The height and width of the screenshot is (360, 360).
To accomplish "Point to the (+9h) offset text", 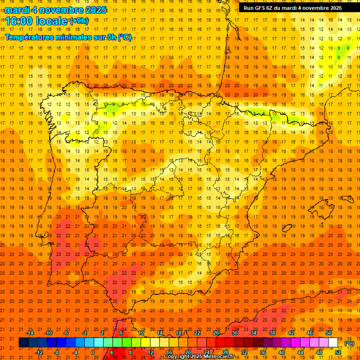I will (78, 21).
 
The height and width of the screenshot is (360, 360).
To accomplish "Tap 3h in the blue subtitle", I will (112, 37).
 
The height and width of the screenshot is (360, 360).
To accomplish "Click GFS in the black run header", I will (261, 8).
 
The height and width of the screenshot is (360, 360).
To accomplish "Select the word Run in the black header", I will (249, 8).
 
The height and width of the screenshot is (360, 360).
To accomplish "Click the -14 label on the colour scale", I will (30, 333).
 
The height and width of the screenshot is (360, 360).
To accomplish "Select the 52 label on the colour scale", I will (338, 352).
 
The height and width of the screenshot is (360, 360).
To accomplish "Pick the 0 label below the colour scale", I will (93, 352).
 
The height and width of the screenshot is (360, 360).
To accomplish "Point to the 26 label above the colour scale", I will (216, 333).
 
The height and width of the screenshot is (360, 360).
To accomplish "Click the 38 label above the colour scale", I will (272, 333).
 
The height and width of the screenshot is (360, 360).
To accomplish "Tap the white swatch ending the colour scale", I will (333, 342).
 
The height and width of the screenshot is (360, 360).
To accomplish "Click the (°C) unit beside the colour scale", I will (349, 343).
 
